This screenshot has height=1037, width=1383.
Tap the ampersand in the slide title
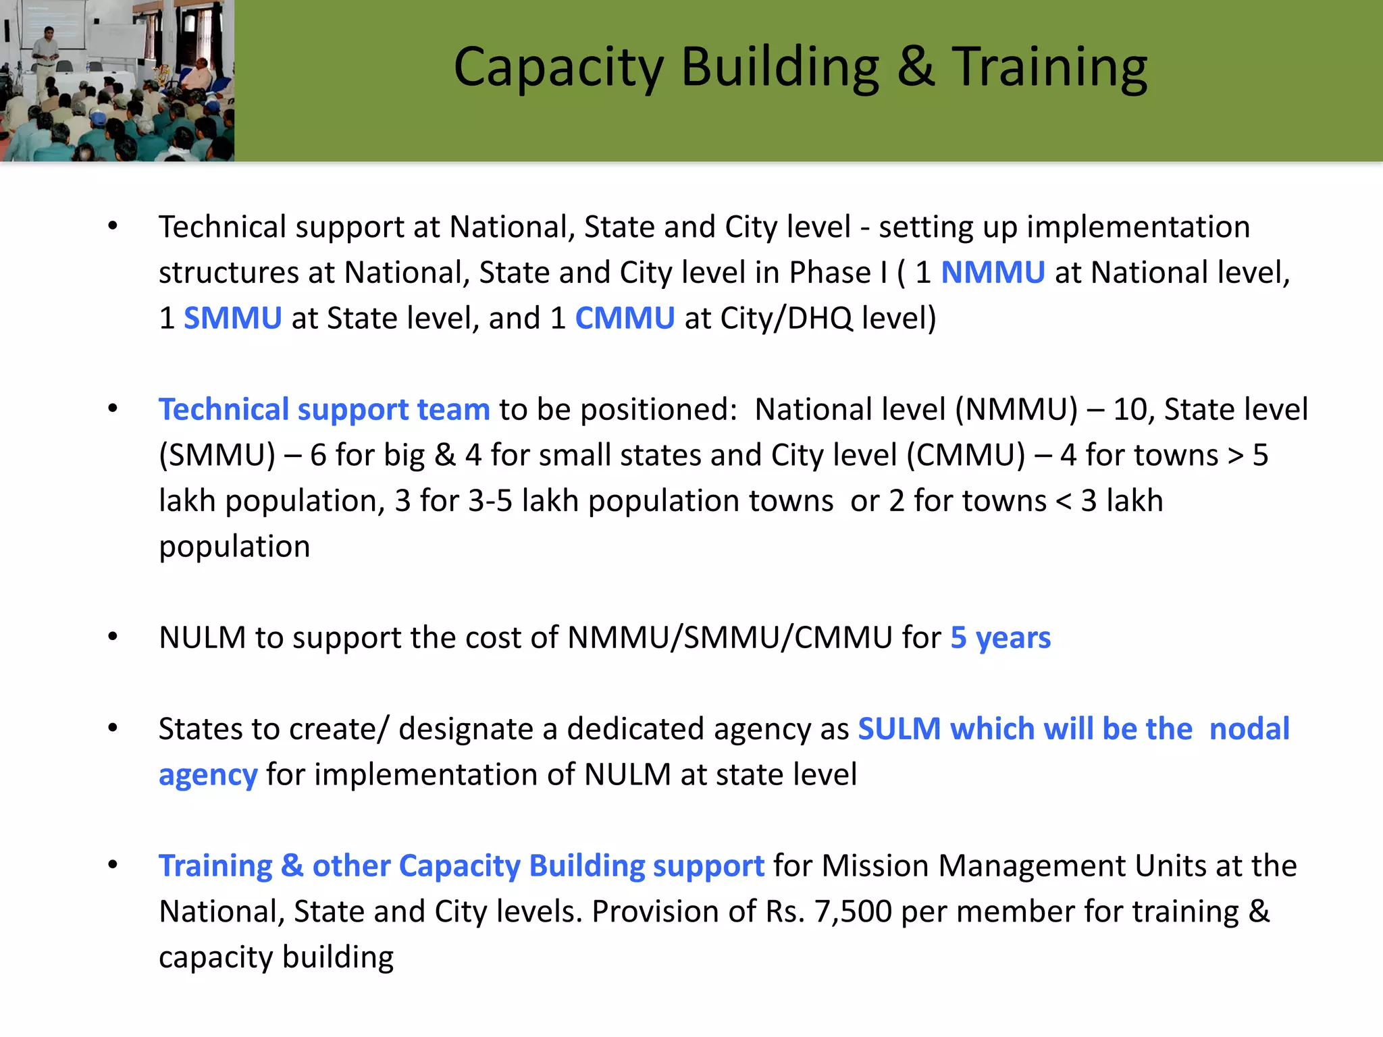(916, 67)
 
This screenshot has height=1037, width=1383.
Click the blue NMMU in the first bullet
(993, 273)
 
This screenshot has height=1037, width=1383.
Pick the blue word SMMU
(232, 318)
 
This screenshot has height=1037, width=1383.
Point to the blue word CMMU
(625, 318)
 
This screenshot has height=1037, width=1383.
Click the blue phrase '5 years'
(1000, 638)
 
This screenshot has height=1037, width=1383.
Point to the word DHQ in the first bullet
(819, 318)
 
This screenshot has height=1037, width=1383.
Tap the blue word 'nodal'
(1249, 729)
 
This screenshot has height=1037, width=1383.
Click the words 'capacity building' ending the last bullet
(276, 957)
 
